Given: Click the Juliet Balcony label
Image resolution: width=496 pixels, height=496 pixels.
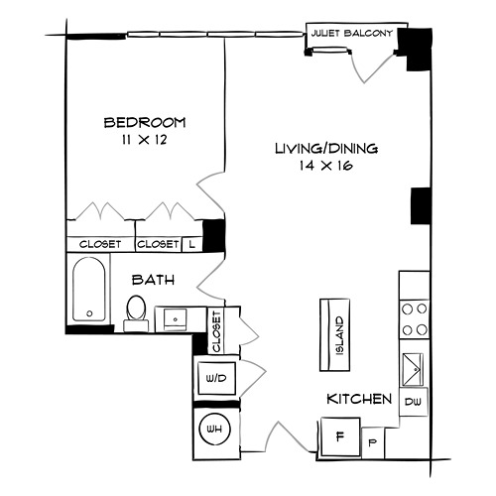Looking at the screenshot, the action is pos(352,33).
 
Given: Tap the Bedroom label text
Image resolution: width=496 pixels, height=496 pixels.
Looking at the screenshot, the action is pos(145,123).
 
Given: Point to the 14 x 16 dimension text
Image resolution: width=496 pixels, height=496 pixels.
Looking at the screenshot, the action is pos(326,166).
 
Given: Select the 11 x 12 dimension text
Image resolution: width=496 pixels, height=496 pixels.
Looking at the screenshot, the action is pos(144,140).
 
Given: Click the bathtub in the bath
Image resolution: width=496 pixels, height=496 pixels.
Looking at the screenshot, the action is pos(89,290).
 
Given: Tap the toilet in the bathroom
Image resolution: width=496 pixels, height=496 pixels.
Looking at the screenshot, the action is pos(136,312).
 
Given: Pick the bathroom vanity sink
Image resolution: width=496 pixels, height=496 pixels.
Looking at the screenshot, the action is pos(176,319).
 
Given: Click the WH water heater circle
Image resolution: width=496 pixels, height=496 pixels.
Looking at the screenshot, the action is pos(214,430).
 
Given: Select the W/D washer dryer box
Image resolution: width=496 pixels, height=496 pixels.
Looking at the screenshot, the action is pos(216,378).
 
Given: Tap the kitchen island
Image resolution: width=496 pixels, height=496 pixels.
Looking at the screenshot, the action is pos(334,334).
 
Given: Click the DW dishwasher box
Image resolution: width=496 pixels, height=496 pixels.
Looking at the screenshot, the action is pos(414,402).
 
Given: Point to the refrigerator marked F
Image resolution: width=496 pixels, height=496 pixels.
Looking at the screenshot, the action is pos(340,437).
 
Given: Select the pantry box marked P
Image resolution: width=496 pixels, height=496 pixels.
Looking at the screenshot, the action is pos(373,443).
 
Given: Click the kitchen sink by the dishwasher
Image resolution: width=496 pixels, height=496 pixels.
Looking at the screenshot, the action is pos(413,369).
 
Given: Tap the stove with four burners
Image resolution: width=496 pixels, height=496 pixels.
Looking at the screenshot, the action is pos(415,319).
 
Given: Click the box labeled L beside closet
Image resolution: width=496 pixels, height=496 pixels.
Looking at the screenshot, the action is pos(192,244).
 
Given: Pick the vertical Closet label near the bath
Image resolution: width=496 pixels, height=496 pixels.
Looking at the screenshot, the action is pos(216,331).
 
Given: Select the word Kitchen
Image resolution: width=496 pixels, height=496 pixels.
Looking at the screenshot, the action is pos(359,399).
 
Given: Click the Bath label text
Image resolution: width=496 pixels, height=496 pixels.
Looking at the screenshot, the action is pos(153,280).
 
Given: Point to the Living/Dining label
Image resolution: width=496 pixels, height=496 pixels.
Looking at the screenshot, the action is pos(326,149).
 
